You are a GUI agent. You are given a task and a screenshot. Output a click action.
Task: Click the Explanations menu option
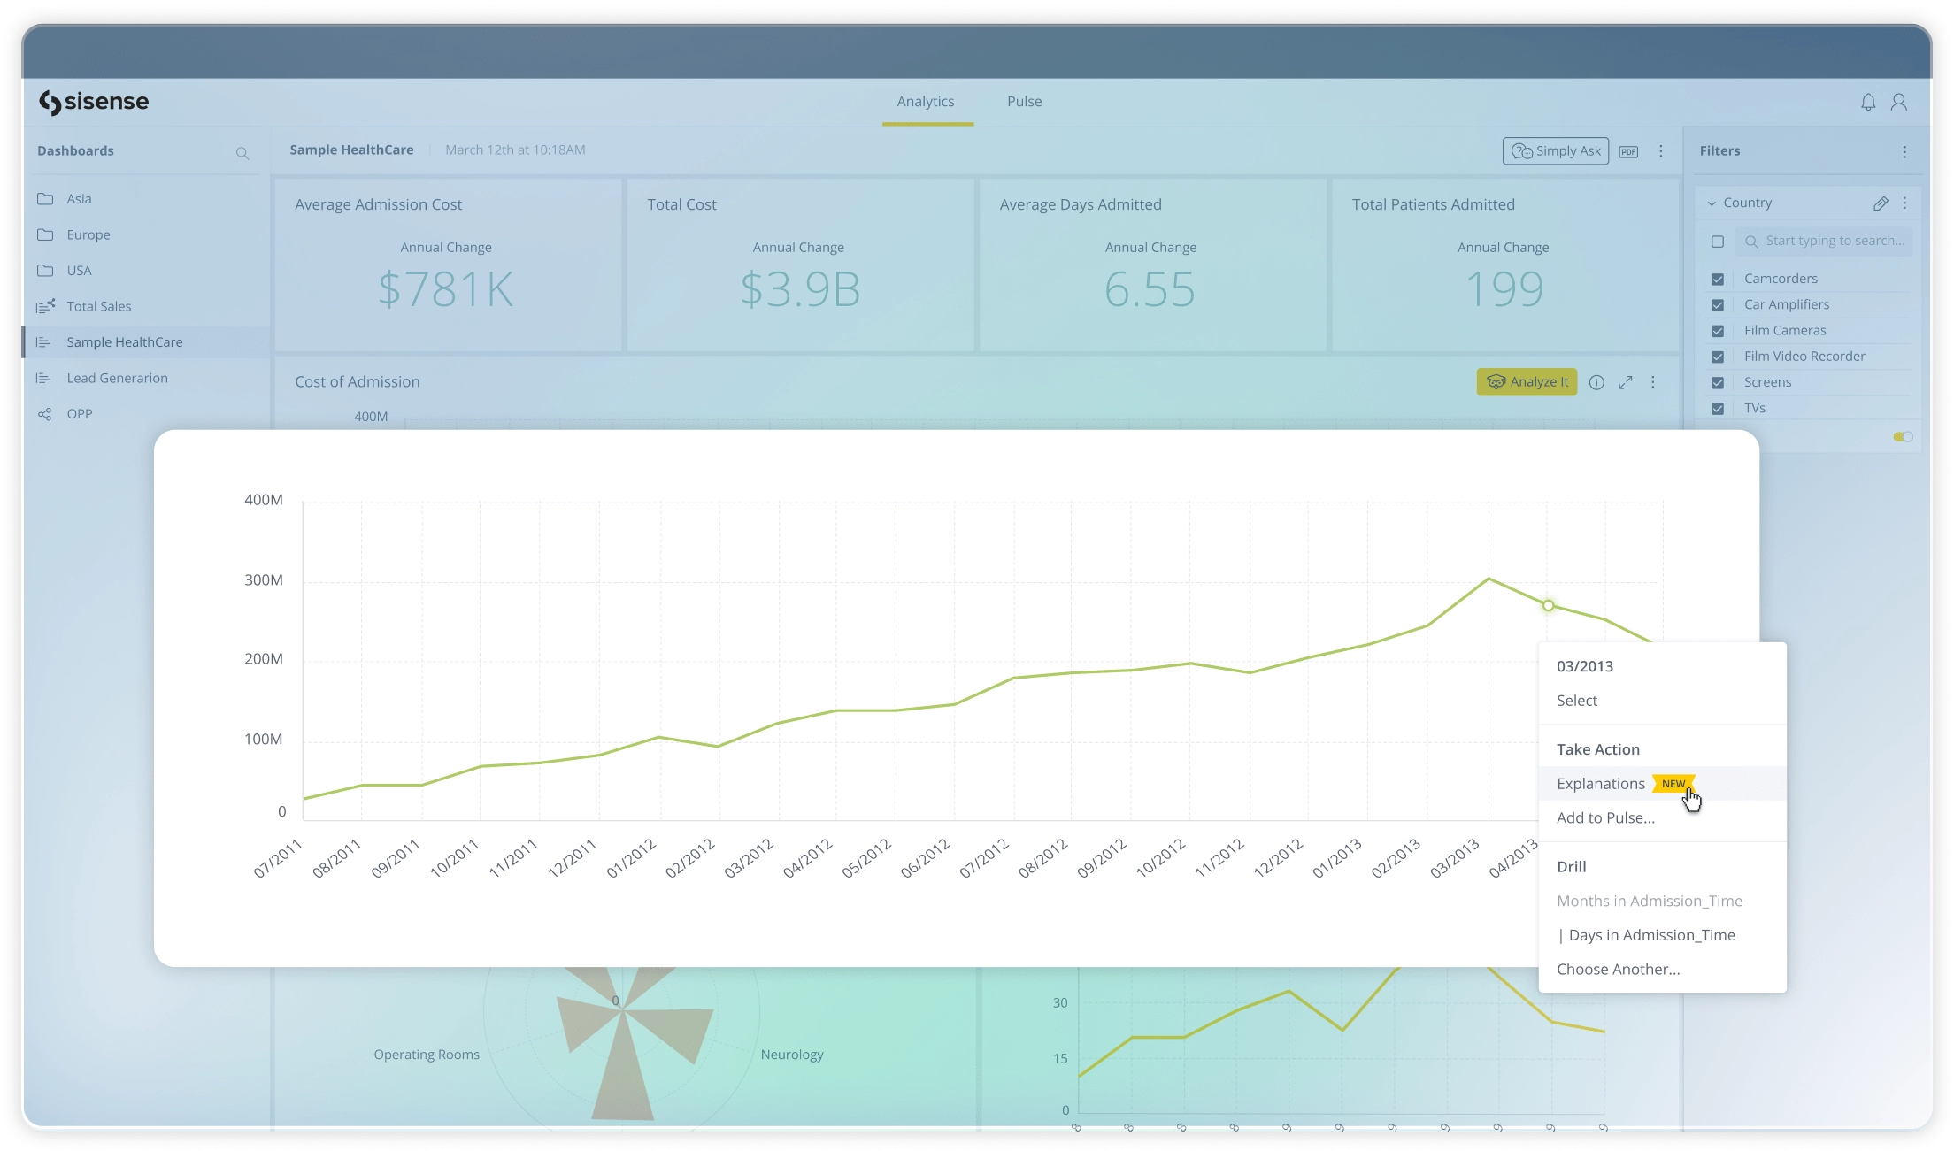coord(1600,784)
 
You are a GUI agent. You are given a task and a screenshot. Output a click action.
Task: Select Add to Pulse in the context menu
coord(1604,818)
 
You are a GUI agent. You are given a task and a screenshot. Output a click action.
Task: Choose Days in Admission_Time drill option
coord(1650,935)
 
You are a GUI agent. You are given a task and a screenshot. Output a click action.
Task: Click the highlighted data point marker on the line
coord(1548,606)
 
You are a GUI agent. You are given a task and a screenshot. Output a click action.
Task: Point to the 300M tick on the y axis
coord(264,580)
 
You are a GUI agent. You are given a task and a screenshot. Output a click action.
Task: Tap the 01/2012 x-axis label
coord(632,858)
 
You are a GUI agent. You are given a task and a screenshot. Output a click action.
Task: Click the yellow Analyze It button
coord(1527,382)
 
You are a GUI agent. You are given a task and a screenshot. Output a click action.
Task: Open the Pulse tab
coord(1024,102)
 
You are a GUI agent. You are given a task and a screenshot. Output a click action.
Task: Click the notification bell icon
coord(1867,103)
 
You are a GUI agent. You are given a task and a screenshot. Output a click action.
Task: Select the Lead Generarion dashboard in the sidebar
coord(117,379)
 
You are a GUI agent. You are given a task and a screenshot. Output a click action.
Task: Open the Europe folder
coord(88,235)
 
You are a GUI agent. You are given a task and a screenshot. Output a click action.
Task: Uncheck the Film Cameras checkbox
coord(1718,331)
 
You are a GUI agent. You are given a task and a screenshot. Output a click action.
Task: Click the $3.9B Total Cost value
coord(800,289)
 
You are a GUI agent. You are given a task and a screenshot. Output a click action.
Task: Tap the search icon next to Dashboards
coord(242,154)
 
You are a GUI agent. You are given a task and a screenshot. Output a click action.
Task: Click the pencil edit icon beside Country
coord(1881,203)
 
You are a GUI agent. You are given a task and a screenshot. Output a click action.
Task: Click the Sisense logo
coord(94,103)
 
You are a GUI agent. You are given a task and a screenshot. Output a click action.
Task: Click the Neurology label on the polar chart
coord(791,1055)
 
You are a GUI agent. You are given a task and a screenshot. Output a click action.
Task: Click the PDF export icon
coord(1628,152)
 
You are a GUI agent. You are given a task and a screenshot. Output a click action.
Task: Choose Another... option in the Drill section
coord(1618,970)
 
